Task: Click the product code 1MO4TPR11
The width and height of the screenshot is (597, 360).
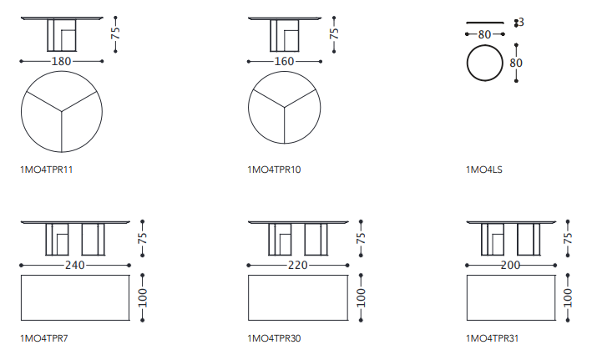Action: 46,170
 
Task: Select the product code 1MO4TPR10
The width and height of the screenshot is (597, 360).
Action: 274,170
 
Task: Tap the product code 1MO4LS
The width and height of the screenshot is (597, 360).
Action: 484,170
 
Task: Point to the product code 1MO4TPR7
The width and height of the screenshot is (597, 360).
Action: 43,338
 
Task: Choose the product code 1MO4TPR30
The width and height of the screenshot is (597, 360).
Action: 274,338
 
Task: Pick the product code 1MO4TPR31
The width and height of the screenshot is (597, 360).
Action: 492,338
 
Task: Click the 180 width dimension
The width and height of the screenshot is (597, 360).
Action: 61,61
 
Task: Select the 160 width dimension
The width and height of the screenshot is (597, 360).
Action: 284,61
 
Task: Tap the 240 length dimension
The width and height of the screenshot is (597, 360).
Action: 74,265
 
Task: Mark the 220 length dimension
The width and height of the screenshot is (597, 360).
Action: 298,265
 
